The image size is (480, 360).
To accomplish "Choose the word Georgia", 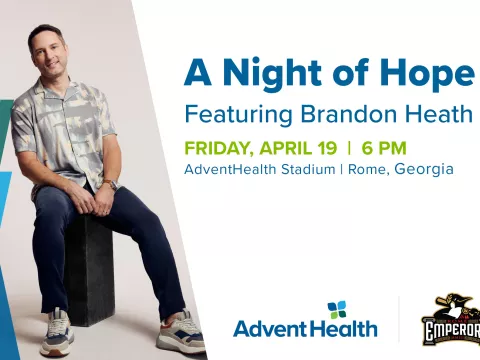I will click(424, 169).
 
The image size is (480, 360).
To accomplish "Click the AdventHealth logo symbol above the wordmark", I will click(336, 310).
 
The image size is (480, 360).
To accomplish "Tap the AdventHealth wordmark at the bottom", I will click(305, 328).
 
